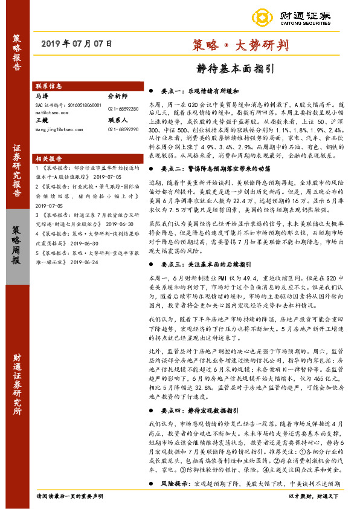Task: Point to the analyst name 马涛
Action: pos(42,96)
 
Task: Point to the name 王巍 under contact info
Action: pos(42,120)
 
